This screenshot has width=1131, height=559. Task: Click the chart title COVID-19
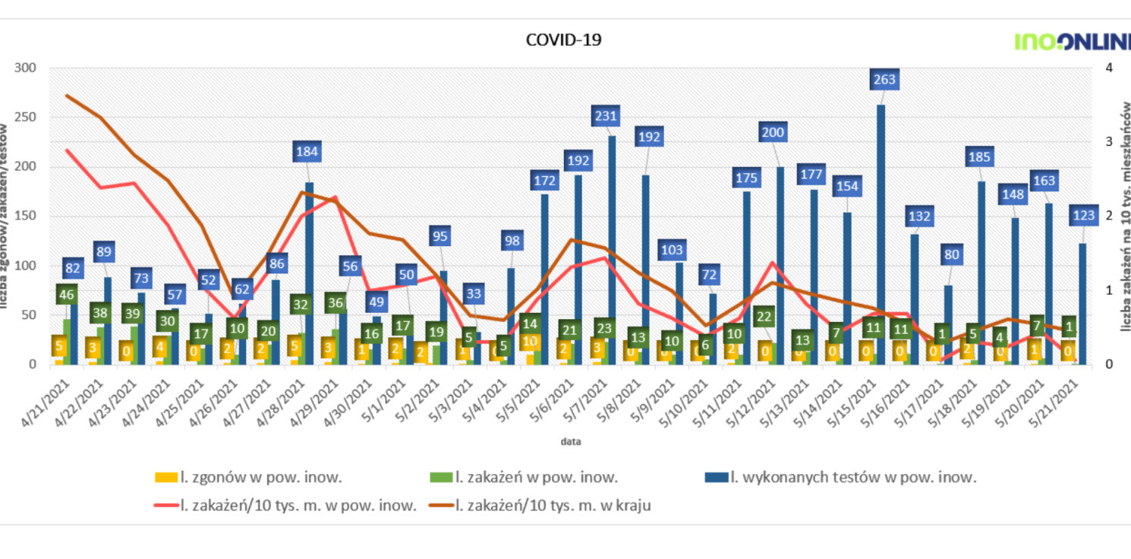click(563, 40)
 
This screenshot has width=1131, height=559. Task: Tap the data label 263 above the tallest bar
click(884, 79)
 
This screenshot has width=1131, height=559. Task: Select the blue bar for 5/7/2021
click(612, 251)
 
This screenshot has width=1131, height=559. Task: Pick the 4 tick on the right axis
click(1109, 68)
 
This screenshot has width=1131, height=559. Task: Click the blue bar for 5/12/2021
click(780, 266)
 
